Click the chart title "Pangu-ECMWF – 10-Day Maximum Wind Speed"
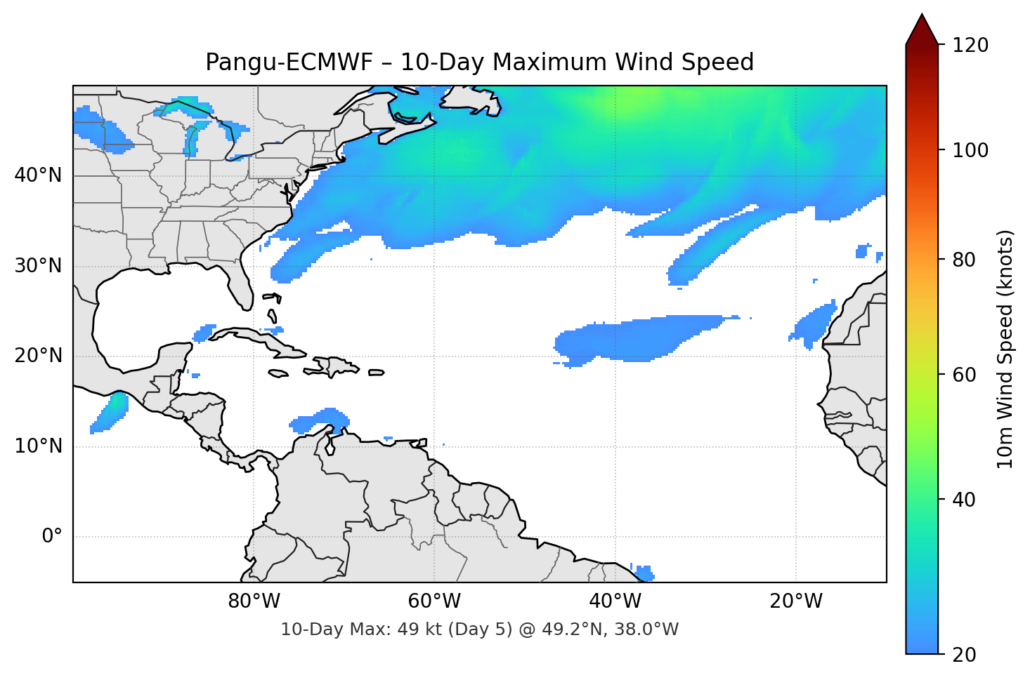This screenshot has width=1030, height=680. pos(479,62)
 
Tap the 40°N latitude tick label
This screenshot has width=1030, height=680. pos(38,175)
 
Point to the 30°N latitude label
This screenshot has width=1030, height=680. pos(38,266)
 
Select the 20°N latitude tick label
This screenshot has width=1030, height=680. pos(38,356)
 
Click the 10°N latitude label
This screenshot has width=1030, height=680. pos(38,446)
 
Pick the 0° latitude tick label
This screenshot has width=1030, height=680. pos(51,537)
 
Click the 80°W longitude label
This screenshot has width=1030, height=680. pos(254,601)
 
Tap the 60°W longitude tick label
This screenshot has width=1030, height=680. pos(434,601)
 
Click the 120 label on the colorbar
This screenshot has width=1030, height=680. pos(970,46)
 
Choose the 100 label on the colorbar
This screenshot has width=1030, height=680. pos(970,150)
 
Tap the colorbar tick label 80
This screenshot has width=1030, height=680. pos(964,260)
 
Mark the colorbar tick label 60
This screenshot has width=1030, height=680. pos(964,375)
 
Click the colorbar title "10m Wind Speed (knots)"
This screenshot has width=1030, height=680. pos(1005,349)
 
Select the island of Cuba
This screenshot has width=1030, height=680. pos(260,340)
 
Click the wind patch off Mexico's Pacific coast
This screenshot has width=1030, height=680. pos(111,412)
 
